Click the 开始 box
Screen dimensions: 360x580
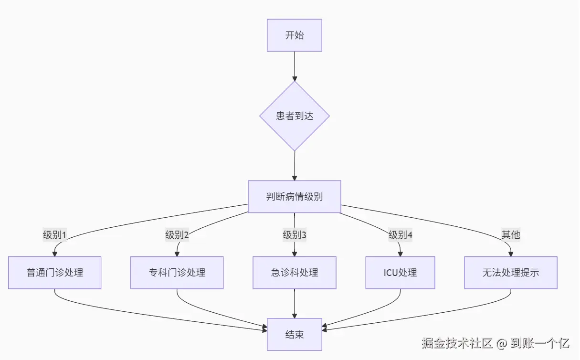[295, 35]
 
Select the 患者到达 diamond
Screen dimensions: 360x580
[295, 116]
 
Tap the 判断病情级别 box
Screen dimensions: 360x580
[295, 197]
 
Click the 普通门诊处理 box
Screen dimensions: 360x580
[55, 273]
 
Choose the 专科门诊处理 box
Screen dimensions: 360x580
[177, 273]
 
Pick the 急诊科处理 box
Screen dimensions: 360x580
[295, 273]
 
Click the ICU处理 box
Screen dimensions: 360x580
[400, 273]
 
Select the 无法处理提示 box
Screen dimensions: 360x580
[511, 273]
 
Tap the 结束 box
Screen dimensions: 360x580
[295, 334]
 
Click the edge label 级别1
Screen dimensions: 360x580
[54, 235]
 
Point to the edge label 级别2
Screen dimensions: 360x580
[177, 235]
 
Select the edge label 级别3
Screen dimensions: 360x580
[295, 235]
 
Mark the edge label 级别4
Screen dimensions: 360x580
[400, 235]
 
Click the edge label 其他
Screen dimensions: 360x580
[511, 235]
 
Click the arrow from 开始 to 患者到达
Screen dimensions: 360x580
[295, 66]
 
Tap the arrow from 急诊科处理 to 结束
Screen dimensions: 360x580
[295, 303]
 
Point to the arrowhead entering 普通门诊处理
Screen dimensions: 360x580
[55, 254]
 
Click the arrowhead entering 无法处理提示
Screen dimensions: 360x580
[511, 254]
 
